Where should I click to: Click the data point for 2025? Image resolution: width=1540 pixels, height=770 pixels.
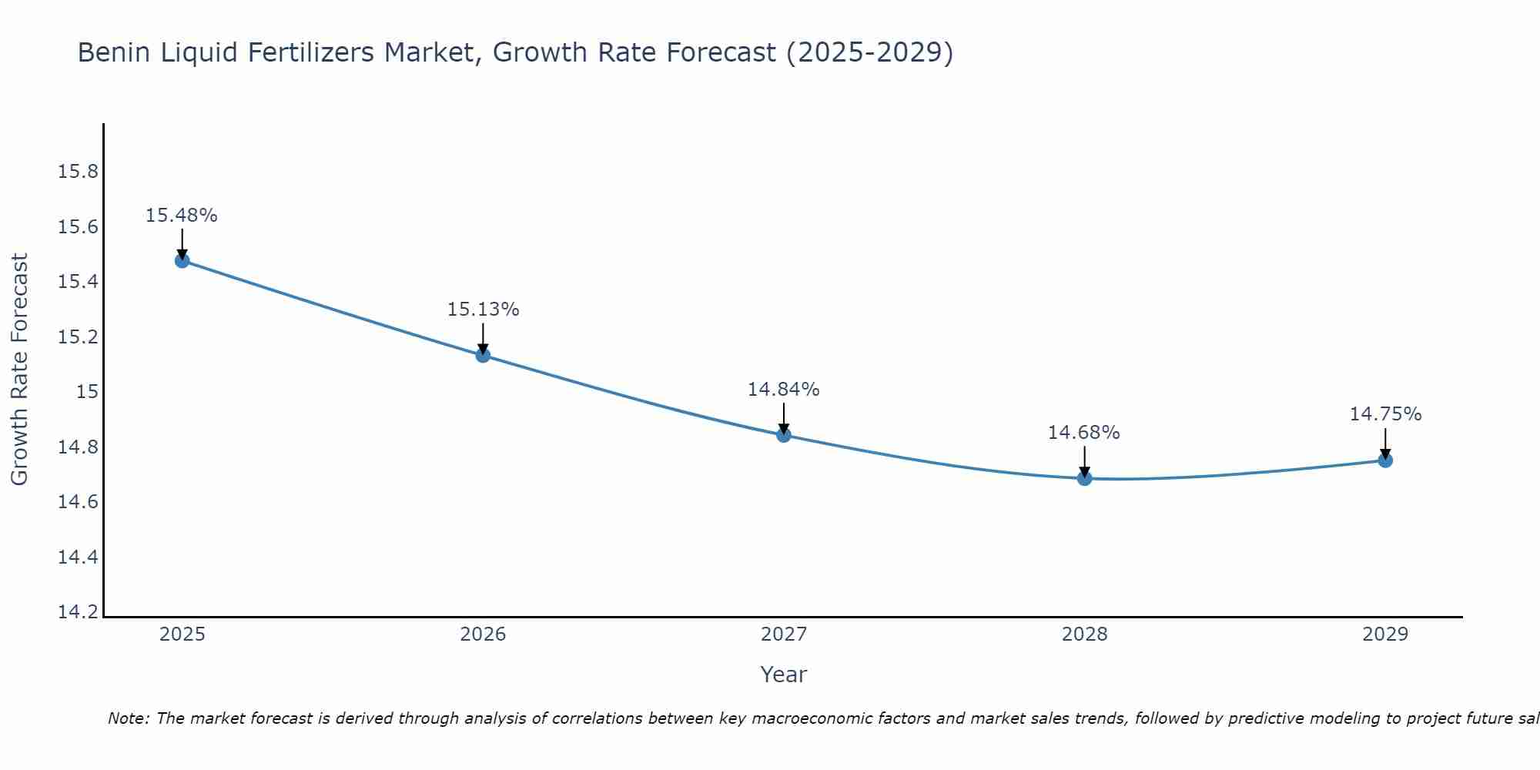182,261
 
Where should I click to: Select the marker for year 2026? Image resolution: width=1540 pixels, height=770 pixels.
483,355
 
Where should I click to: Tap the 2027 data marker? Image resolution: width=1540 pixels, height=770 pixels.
784,435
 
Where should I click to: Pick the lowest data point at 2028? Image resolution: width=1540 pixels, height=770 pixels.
1084,478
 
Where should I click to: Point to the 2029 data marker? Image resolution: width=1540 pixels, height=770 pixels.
1385,460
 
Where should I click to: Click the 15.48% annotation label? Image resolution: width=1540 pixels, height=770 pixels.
182,216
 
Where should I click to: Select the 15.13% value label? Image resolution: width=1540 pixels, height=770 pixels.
483,310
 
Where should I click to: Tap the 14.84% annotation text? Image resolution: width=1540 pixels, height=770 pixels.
783,390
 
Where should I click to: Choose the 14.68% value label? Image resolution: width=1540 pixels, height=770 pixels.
1083,433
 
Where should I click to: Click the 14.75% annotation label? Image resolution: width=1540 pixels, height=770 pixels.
1385,414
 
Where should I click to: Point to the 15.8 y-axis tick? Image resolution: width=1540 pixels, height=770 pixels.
79,171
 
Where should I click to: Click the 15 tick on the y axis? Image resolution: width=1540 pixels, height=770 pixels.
88,392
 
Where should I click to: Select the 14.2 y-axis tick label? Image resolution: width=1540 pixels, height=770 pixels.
79,612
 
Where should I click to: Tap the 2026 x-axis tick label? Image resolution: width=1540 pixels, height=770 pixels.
483,634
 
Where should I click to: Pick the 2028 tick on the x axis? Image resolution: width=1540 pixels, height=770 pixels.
1084,634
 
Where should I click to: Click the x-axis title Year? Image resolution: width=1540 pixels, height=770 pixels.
783,675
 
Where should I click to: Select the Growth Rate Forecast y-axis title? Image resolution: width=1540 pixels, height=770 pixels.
19,370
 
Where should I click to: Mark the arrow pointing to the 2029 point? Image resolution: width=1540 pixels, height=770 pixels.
1385,442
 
